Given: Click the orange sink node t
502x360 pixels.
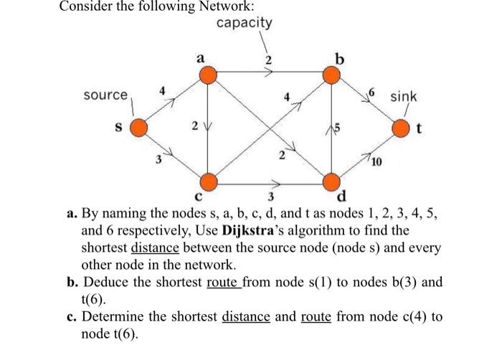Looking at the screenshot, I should pyautogui.click(x=401, y=128).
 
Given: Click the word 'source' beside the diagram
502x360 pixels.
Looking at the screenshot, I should pyautogui.click(x=105, y=95).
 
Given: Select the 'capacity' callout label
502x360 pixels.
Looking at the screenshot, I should pyautogui.click(x=244, y=23).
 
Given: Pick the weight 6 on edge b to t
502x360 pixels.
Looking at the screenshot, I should pyautogui.click(x=372, y=93).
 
